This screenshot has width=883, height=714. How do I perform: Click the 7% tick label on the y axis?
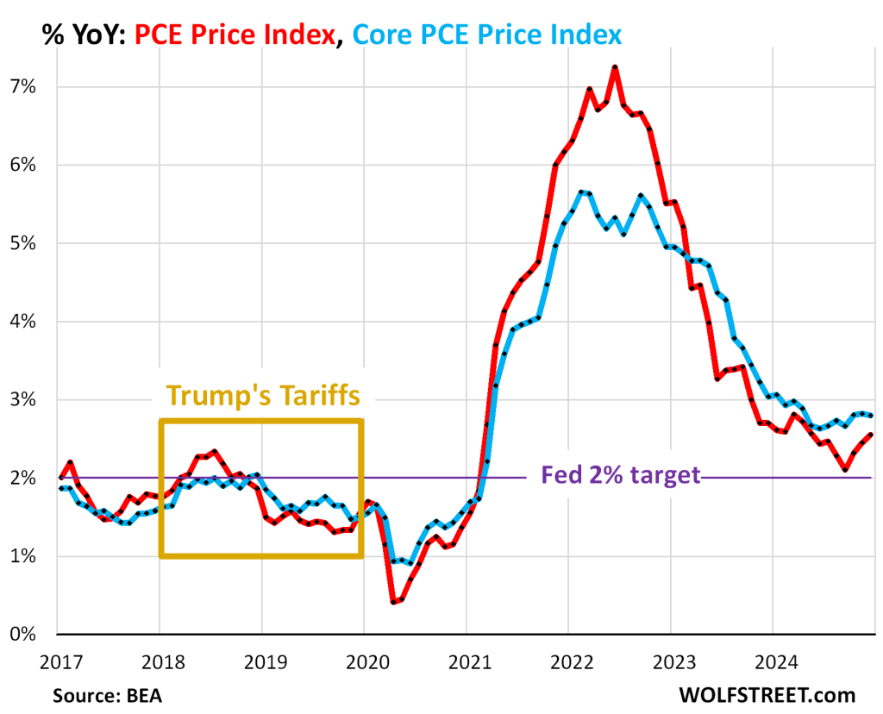tap(22, 86)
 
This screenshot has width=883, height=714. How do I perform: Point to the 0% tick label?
tap(22, 635)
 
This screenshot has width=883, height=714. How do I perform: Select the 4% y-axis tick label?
tap(22, 322)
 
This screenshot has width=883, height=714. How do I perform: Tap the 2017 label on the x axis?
tap(59, 665)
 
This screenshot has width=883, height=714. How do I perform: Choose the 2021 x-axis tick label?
tap(466, 665)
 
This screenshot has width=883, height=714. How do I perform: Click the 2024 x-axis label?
tap(772, 665)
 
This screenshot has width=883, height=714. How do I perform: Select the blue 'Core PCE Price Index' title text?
tap(487, 35)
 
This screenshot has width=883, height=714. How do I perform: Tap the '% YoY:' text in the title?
tap(84, 35)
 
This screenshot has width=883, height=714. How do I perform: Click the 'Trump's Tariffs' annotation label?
tap(261, 395)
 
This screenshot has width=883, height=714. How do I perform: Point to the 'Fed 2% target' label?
tap(620, 475)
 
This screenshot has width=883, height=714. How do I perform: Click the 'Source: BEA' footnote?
tap(106, 695)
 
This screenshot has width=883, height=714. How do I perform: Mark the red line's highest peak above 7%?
tap(616, 66)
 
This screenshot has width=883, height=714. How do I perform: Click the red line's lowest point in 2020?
tap(393, 602)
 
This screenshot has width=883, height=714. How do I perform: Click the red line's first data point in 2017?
tap(59, 477)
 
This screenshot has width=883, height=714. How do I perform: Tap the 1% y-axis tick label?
tap(22, 556)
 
